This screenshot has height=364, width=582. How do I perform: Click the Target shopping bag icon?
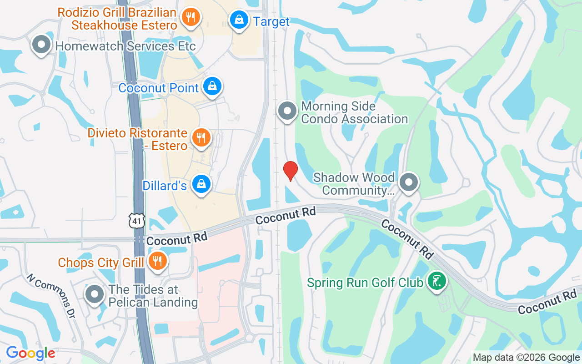tap(238, 20)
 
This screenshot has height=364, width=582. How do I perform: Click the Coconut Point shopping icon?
tap(212, 86)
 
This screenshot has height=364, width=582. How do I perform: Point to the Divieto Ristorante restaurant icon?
tap(200, 136)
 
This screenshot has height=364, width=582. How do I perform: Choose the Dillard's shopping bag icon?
tap(201, 184)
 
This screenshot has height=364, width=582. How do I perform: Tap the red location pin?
tap(290, 171)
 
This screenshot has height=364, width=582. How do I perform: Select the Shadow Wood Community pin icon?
tap(408, 182)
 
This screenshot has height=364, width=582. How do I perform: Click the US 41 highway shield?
tap(137, 220)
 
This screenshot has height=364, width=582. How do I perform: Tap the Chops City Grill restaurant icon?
tap(158, 261)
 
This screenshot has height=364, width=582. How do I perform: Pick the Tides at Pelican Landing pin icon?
tap(95, 294)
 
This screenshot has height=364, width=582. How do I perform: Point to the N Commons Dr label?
tap(50, 295)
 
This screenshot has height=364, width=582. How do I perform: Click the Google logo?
tap(30, 353)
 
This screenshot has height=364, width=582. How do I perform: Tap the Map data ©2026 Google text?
tap(526, 358)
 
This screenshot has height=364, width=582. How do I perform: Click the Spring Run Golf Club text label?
tap(365, 283)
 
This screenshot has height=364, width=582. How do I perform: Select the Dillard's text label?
tap(165, 186)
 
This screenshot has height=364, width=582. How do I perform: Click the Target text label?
tap(271, 21)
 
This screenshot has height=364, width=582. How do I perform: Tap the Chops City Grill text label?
tap(101, 263)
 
